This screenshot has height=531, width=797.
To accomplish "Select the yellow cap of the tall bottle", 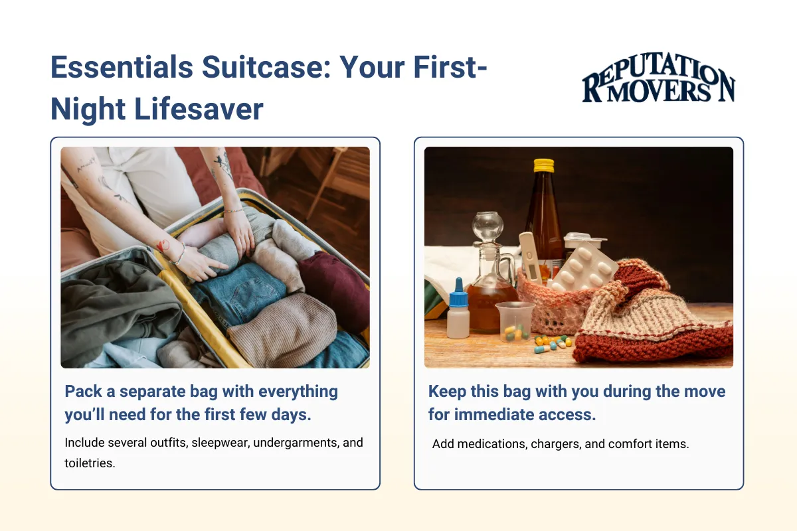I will click(544, 165).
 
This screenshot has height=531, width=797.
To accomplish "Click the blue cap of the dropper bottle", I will click(458, 291).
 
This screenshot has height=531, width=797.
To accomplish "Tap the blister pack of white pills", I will click(585, 265).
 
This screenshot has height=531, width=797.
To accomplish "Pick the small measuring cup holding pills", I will click(515, 320).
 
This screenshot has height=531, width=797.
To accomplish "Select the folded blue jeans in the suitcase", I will click(242, 292).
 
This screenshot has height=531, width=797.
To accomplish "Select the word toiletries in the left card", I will click(90, 463).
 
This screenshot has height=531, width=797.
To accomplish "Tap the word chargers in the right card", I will click(557, 444).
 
